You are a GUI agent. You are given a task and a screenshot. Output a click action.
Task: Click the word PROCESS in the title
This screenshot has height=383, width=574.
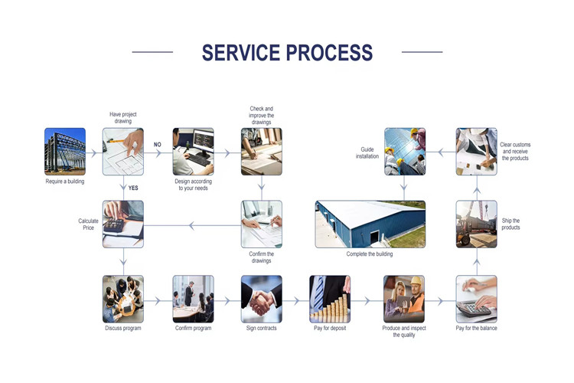(330, 53)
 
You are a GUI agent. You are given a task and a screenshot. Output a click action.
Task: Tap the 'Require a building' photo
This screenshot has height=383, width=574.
(65, 152)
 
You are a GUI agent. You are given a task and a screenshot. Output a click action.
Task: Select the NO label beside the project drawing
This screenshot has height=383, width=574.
(158, 145)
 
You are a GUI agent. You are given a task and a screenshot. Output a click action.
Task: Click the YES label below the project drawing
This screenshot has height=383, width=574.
(133, 188)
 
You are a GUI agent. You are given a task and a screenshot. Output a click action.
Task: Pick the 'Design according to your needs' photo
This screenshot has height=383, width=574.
(193, 152)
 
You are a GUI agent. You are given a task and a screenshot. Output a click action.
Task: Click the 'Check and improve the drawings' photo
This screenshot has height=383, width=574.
(262, 152)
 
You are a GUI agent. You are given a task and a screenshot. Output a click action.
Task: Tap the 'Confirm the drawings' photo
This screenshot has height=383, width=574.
(262, 224)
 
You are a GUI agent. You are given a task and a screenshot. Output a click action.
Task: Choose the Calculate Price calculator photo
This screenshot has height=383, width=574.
(123, 224)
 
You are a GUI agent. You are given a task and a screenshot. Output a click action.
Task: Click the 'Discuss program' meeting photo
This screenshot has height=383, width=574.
(123, 299)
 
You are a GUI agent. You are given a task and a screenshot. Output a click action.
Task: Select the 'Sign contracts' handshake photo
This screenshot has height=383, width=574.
(262, 299)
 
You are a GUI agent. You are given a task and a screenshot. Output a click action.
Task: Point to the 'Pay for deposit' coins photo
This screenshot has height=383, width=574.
(330, 299)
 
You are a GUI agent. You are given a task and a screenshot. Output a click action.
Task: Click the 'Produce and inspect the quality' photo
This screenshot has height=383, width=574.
(403, 299)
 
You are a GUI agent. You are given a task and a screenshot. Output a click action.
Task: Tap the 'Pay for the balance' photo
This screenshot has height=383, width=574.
(476, 299)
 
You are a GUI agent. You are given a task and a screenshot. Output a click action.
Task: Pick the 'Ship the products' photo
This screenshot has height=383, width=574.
(476, 224)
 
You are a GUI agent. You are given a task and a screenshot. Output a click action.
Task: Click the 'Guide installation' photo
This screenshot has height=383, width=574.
(404, 152)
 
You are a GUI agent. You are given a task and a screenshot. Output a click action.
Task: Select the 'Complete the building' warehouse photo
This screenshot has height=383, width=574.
(370, 224)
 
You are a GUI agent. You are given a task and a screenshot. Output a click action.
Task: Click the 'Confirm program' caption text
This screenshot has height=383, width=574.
(193, 329)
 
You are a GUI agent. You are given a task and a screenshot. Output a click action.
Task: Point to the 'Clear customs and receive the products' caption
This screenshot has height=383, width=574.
(516, 152)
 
